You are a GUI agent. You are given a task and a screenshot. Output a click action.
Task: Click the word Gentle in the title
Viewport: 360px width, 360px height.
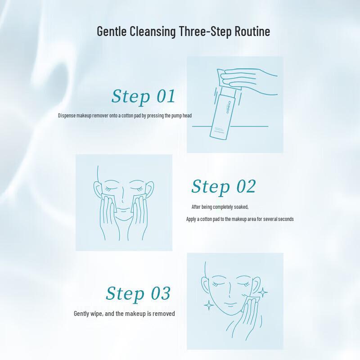click(x=112, y=32)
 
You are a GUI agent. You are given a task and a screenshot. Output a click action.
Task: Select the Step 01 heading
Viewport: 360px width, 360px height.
click(x=143, y=96)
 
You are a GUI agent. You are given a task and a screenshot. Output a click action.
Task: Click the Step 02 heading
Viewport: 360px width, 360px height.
click(x=223, y=186)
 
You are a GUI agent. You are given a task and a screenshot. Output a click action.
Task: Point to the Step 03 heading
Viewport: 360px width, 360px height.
click(x=138, y=293)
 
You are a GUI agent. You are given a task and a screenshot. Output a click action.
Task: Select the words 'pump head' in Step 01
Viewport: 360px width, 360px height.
click(x=180, y=116)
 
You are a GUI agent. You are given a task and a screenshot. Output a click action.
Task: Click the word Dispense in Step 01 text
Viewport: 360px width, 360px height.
click(x=67, y=116)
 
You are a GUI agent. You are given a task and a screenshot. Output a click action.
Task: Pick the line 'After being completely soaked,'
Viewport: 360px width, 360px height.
click(x=220, y=207)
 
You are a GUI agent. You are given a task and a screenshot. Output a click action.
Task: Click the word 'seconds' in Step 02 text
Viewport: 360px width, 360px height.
click(x=285, y=219)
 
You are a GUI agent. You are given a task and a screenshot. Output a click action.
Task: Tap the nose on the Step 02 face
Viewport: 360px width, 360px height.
click(x=124, y=202)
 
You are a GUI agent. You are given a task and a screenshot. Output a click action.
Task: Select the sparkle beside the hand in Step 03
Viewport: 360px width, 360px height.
click(x=263, y=293)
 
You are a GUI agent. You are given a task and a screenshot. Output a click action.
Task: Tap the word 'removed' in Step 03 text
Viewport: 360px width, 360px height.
click(x=165, y=314)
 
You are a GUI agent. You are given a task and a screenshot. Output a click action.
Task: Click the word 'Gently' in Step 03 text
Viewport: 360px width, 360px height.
click(x=81, y=314)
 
